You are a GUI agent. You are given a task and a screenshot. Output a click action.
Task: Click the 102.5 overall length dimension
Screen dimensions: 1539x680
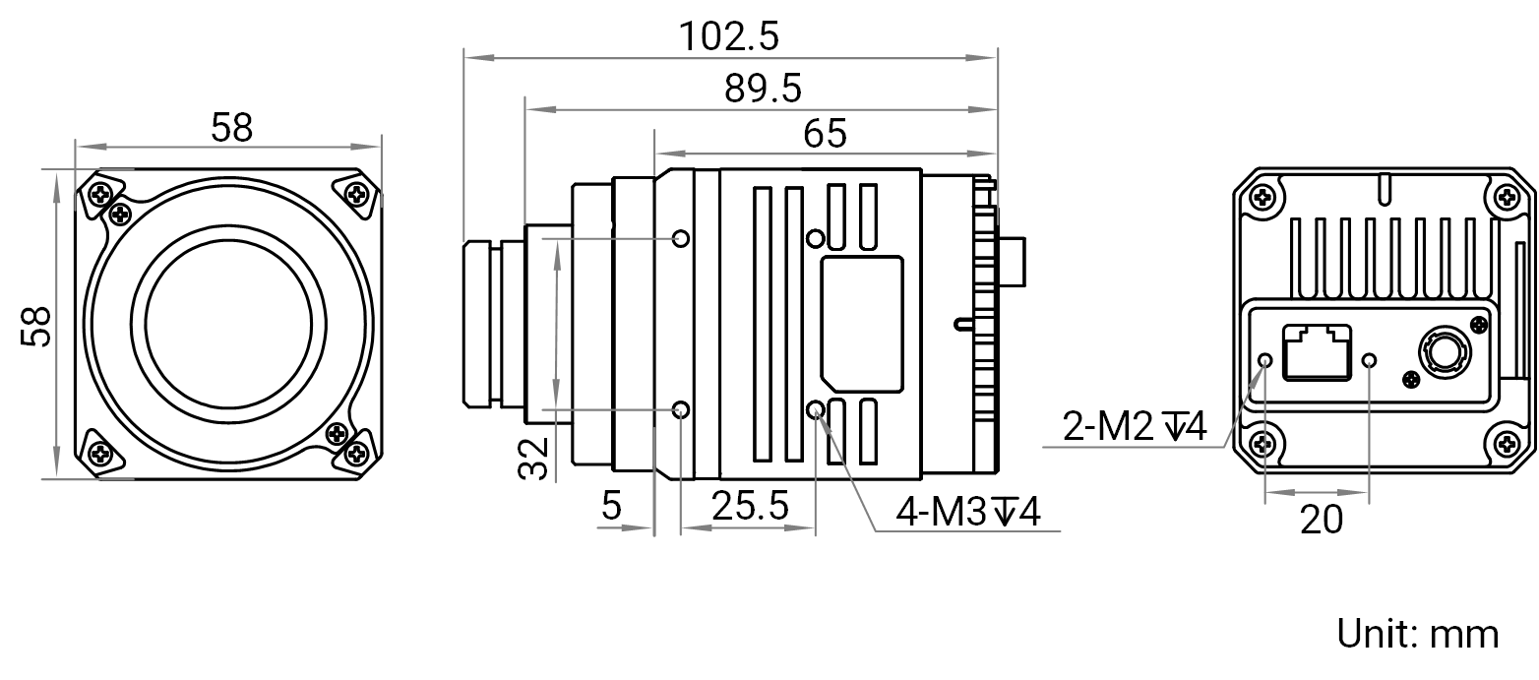coord(729,36)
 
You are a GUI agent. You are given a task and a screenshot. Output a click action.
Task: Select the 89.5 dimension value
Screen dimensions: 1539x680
coord(763,89)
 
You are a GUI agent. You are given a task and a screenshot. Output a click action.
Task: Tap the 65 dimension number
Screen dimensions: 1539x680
coord(825,133)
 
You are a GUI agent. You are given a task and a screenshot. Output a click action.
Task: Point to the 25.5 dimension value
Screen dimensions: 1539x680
coord(750,506)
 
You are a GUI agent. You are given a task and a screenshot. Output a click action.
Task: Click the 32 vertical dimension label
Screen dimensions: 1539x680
coord(534,459)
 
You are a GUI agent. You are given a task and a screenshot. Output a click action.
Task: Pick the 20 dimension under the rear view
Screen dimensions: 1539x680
coord(1321,520)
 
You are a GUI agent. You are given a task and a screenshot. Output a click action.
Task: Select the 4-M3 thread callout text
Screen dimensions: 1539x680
coord(968,511)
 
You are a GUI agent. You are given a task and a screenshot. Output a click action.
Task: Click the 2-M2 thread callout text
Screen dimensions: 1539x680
coord(1135,426)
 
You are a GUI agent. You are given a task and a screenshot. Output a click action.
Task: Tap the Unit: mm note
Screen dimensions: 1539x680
coord(1417,634)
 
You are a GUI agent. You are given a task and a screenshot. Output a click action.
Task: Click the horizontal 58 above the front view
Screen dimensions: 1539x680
coord(231,128)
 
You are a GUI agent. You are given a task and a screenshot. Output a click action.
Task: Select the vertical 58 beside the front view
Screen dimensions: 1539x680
coord(35,327)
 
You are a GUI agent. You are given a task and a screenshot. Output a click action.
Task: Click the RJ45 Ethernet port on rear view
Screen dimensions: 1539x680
coord(1317,351)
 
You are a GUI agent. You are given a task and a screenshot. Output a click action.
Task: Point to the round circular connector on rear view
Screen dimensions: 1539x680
coord(1444,353)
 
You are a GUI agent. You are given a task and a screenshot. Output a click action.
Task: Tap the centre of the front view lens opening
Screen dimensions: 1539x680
coord(229,324)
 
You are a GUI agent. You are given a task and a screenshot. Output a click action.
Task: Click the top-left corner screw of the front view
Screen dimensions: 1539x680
coord(101,195)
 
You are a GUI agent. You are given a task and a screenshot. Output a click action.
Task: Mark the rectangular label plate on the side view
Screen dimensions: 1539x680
coord(862,324)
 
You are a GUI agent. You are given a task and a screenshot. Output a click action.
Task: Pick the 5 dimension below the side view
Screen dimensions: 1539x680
coord(611,506)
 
